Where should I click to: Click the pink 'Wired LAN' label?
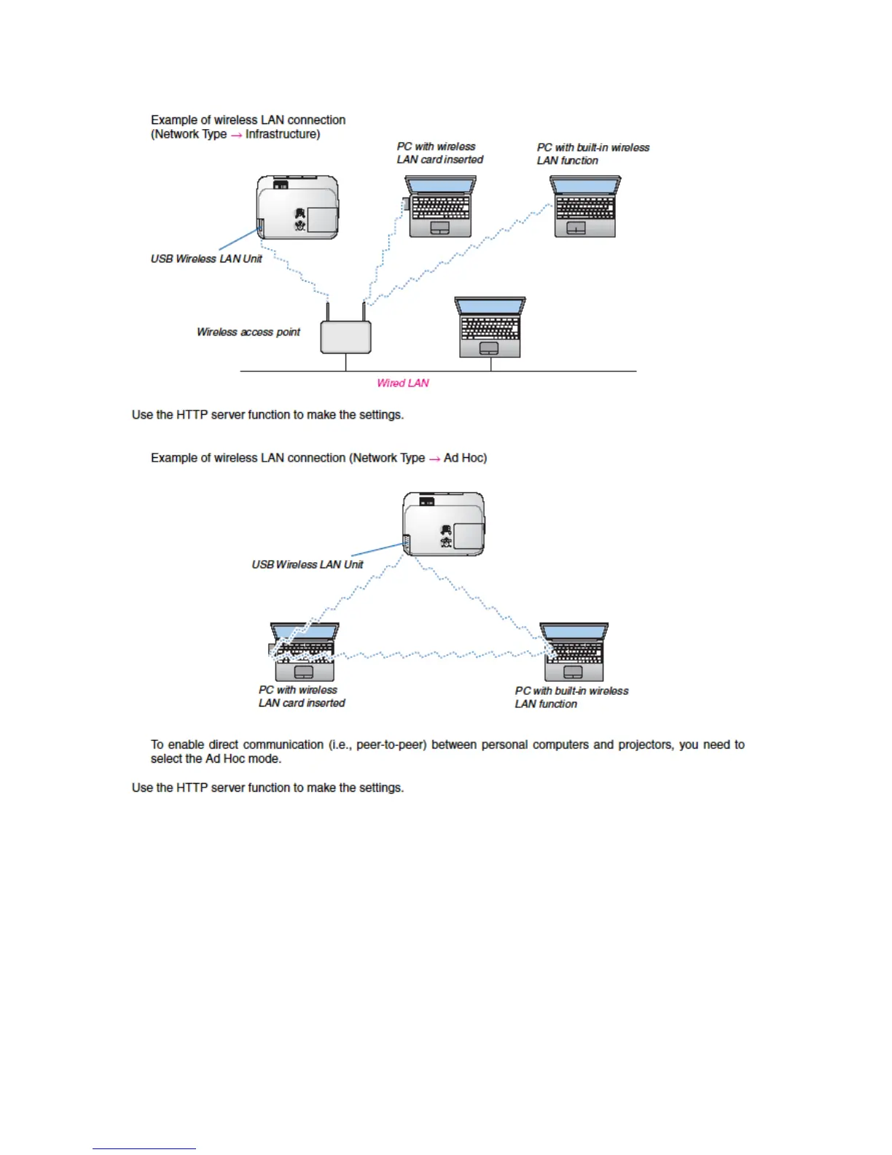pos(403,384)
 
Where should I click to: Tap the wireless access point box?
pos(345,338)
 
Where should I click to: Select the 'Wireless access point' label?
pos(249,332)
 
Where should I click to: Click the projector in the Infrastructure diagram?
pos(297,208)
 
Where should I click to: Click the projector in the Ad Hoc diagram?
pos(444,524)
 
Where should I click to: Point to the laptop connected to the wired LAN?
pos(490,328)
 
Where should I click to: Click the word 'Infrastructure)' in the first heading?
pos(283,135)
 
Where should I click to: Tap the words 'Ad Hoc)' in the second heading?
pos(466,458)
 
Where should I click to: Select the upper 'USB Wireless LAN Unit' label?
pos(206,259)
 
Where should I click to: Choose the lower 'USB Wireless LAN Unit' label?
pos(308,564)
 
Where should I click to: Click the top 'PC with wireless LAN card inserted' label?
pos(439,153)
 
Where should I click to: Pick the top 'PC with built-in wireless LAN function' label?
pos(593,154)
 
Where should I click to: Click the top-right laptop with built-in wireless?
pos(585,206)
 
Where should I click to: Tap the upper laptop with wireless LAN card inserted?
pos(440,206)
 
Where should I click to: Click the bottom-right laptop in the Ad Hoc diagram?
pos(574,652)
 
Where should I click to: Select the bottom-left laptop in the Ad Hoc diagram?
pos(304,652)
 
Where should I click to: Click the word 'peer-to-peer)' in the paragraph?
pos(391,745)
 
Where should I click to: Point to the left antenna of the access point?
pos(329,310)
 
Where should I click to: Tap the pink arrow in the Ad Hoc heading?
pos(434,459)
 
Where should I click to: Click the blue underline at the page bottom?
pos(144,1148)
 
